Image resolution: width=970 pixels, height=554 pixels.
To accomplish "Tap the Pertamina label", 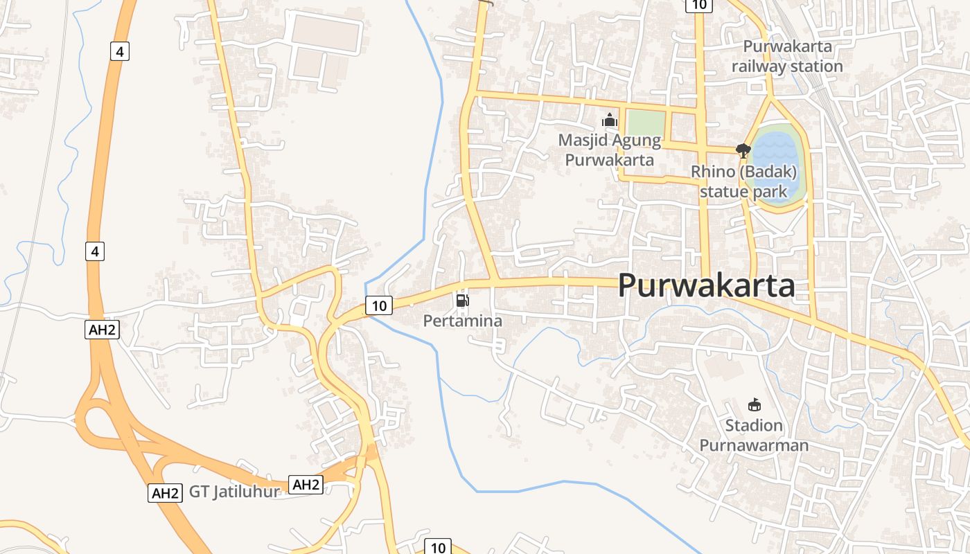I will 462,321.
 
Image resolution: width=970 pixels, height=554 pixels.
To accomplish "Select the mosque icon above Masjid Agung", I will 610,120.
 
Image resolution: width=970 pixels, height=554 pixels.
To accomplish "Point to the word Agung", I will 635,141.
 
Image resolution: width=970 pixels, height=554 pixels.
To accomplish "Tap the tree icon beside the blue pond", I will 743,150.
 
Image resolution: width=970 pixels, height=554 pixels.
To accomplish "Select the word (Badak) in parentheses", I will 771,171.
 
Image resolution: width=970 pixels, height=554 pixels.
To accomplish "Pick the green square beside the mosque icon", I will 645,123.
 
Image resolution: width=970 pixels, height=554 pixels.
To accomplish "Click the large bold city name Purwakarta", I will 706,285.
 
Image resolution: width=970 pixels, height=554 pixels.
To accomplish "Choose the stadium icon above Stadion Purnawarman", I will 754,404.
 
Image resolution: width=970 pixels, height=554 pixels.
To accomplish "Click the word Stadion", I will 754,425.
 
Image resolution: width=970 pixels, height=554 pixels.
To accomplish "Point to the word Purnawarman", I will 754,445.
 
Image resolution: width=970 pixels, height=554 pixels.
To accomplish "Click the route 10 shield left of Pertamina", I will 378,305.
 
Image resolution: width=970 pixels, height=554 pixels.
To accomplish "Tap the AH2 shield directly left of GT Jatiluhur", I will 166,493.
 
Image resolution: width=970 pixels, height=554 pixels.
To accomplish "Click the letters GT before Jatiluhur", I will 200,492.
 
